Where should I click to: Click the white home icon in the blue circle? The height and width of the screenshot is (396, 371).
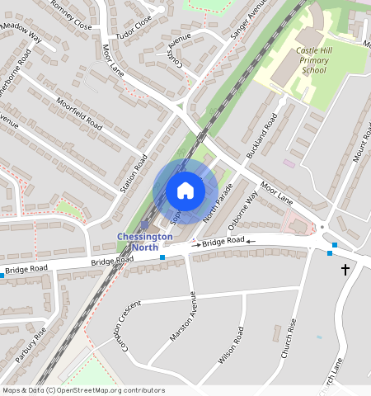point(185,191)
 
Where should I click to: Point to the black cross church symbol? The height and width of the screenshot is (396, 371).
point(345,270)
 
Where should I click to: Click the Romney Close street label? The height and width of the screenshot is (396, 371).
point(71,13)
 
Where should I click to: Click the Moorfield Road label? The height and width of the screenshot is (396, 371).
point(81,114)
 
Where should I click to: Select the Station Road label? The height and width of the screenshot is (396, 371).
point(134,173)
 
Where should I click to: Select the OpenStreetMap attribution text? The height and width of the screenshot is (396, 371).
point(82,390)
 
